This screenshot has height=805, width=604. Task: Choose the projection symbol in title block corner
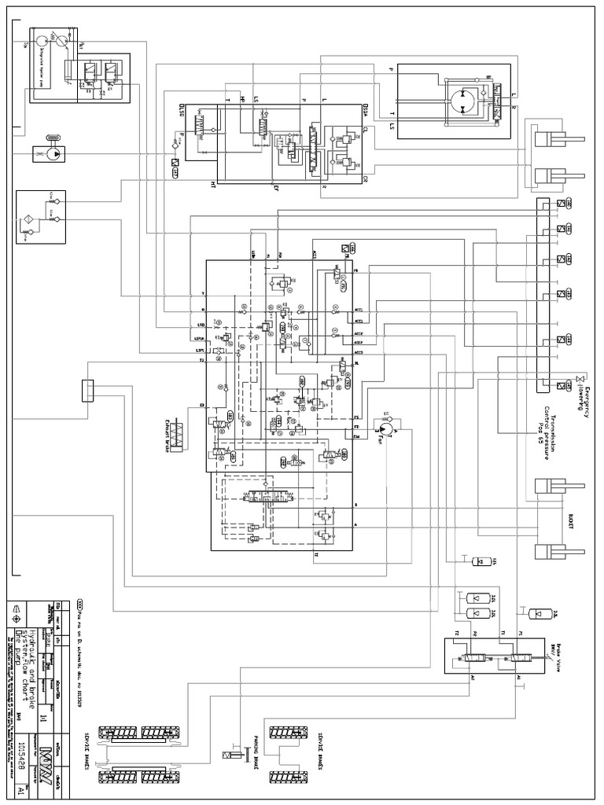pos(17,609)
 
